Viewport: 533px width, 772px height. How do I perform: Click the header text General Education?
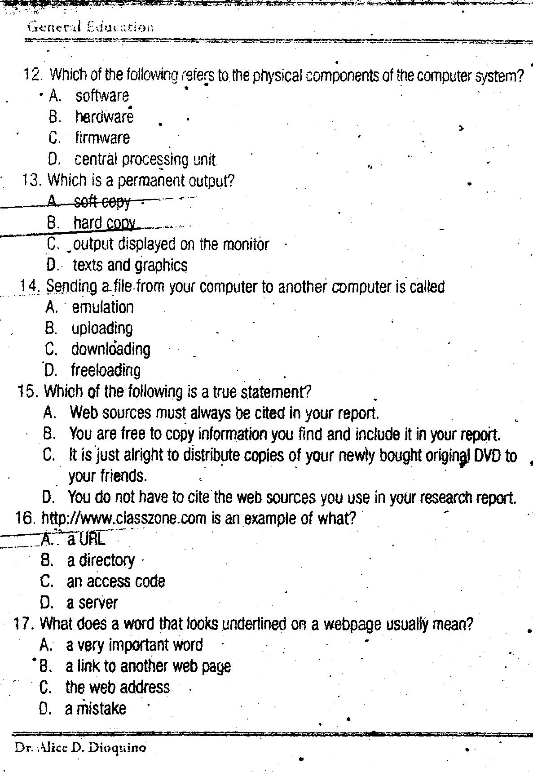pos(90,27)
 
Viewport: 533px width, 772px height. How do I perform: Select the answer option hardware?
pos(104,117)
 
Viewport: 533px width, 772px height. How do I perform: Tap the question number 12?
pos(32,74)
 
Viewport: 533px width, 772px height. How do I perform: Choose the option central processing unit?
pos(145,160)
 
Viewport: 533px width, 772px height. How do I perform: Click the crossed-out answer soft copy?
pos(102,202)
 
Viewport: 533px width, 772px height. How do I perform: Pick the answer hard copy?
pos(104,223)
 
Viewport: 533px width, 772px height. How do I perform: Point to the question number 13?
pos(32,181)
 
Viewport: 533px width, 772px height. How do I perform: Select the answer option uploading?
pos(102,328)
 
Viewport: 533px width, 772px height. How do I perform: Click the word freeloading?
pos(106,371)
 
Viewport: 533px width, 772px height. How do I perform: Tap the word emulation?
pos(102,307)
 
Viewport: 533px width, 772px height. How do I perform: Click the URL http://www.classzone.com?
pos(123,519)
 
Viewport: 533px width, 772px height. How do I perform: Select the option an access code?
pos(116,581)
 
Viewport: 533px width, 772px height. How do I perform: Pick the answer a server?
pos(92,603)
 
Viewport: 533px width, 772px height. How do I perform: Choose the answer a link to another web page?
pos(148,666)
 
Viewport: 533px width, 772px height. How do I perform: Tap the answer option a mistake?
pos(95,709)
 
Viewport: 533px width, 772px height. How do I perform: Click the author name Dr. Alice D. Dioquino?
pos(80,748)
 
